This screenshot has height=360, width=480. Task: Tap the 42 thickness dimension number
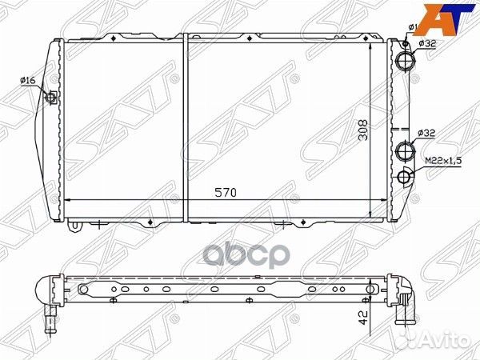(x=364, y=318)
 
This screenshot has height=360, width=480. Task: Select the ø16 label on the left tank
(x=28, y=80)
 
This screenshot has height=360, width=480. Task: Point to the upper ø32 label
(x=426, y=44)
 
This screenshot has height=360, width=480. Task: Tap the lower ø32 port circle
(x=405, y=150)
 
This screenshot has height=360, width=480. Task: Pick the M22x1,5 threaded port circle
(x=405, y=177)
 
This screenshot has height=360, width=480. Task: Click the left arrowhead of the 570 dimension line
(x=66, y=199)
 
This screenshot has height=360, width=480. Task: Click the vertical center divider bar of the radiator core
(x=186, y=128)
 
